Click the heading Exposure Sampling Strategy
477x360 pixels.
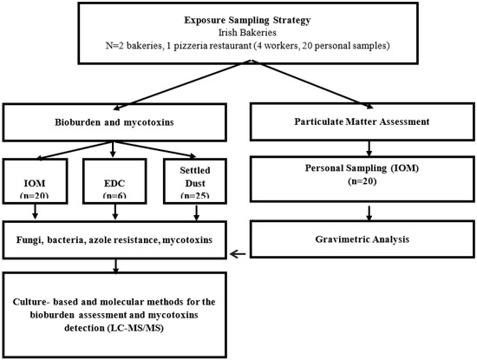[x=247, y=21]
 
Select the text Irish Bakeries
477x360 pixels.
[x=247, y=32]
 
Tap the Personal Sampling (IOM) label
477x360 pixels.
[x=362, y=168]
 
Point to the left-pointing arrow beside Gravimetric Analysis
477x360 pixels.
[x=238, y=254]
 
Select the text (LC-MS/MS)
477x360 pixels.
[x=135, y=329]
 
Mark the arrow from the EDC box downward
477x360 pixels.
[x=115, y=212]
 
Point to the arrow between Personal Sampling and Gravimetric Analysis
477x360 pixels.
[x=369, y=213]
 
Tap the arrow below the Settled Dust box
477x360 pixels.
[x=196, y=213]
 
